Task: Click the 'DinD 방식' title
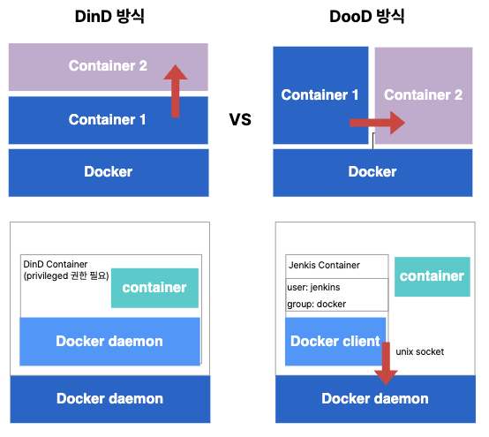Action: (x=109, y=16)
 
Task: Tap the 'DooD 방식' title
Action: (x=367, y=16)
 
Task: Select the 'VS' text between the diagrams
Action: (x=240, y=119)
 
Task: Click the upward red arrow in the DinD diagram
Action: (x=176, y=91)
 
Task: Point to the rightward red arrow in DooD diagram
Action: (x=378, y=123)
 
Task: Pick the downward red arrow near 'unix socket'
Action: (x=386, y=364)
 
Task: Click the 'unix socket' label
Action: (x=420, y=352)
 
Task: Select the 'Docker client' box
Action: (x=335, y=342)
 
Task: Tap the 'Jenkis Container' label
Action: (x=324, y=265)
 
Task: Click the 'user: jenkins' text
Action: (x=313, y=287)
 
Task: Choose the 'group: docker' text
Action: (x=317, y=304)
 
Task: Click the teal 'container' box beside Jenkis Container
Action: (x=433, y=276)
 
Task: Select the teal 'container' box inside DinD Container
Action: (x=154, y=288)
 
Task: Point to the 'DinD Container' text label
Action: (x=56, y=265)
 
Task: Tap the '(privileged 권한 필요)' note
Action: (x=66, y=276)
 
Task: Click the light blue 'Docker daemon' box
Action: (x=109, y=342)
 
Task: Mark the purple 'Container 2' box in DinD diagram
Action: (x=109, y=67)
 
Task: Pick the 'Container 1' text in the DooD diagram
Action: (x=320, y=94)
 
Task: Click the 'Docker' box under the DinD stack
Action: (x=109, y=173)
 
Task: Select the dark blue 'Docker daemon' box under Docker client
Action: (x=375, y=399)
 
